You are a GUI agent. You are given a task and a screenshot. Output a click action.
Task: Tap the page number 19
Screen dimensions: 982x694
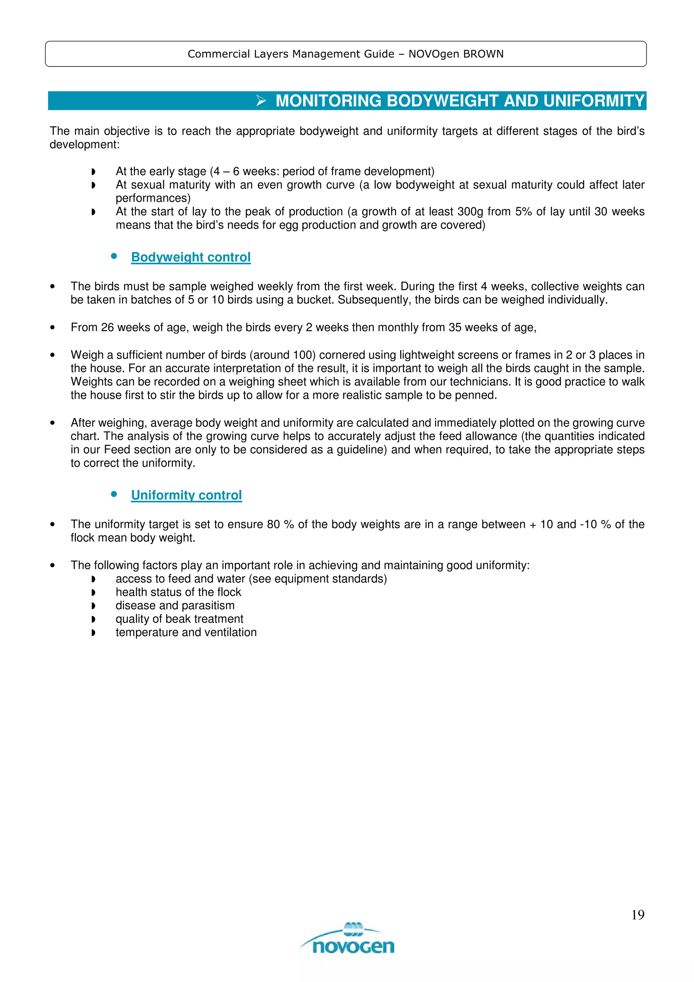(x=637, y=915)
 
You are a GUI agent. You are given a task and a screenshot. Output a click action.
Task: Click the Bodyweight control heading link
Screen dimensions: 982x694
(x=191, y=257)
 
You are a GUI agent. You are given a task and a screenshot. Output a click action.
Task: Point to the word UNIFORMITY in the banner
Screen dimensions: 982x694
(x=594, y=101)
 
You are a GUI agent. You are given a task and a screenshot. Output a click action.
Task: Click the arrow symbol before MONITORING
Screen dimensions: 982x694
(x=261, y=101)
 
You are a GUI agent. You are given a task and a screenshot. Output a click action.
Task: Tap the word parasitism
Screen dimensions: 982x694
(x=209, y=605)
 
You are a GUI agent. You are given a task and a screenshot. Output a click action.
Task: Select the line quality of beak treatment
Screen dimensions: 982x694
(x=179, y=619)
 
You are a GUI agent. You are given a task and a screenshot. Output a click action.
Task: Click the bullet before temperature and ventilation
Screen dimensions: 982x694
(x=93, y=633)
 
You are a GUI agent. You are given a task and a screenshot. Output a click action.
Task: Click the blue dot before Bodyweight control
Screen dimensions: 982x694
(x=114, y=256)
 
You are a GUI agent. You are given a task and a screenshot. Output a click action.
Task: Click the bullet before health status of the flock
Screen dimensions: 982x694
(x=93, y=592)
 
